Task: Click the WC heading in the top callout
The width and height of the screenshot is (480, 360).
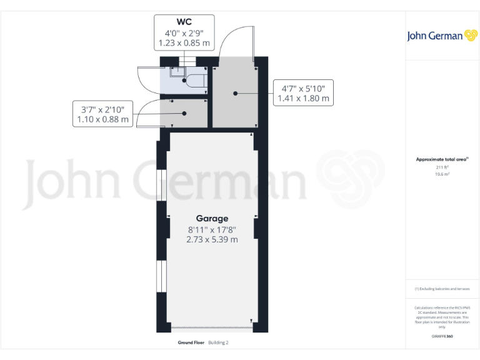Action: pyautogui.click(x=184, y=22)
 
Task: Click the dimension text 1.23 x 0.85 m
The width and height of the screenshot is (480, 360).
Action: pyautogui.click(x=184, y=44)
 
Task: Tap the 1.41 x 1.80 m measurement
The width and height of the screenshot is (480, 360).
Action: pyautogui.click(x=303, y=99)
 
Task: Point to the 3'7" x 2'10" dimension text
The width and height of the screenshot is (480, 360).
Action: pyautogui.click(x=102, y=108)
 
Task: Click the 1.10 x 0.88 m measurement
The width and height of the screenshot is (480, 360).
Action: pyautogui.click(x=102, y=119)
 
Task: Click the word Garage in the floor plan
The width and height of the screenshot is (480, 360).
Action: pyautogui.click(x=212, y=218)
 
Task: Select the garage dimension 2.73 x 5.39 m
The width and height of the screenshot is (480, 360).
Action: pyautogui.click(x=212, y=239)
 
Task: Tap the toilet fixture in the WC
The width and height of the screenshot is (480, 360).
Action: pyautogui.click(x=196, y=81)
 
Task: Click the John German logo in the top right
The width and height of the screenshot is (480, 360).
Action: pyautogui.click(x=443, y=36)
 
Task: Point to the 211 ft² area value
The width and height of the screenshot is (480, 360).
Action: pyautogui.click(x=442, y=167)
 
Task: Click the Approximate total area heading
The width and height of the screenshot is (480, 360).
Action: pyautogui.click(x=441, y=159)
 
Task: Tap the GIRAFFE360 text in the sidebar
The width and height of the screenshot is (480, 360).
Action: pyautogui.click(x=442, y=337)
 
